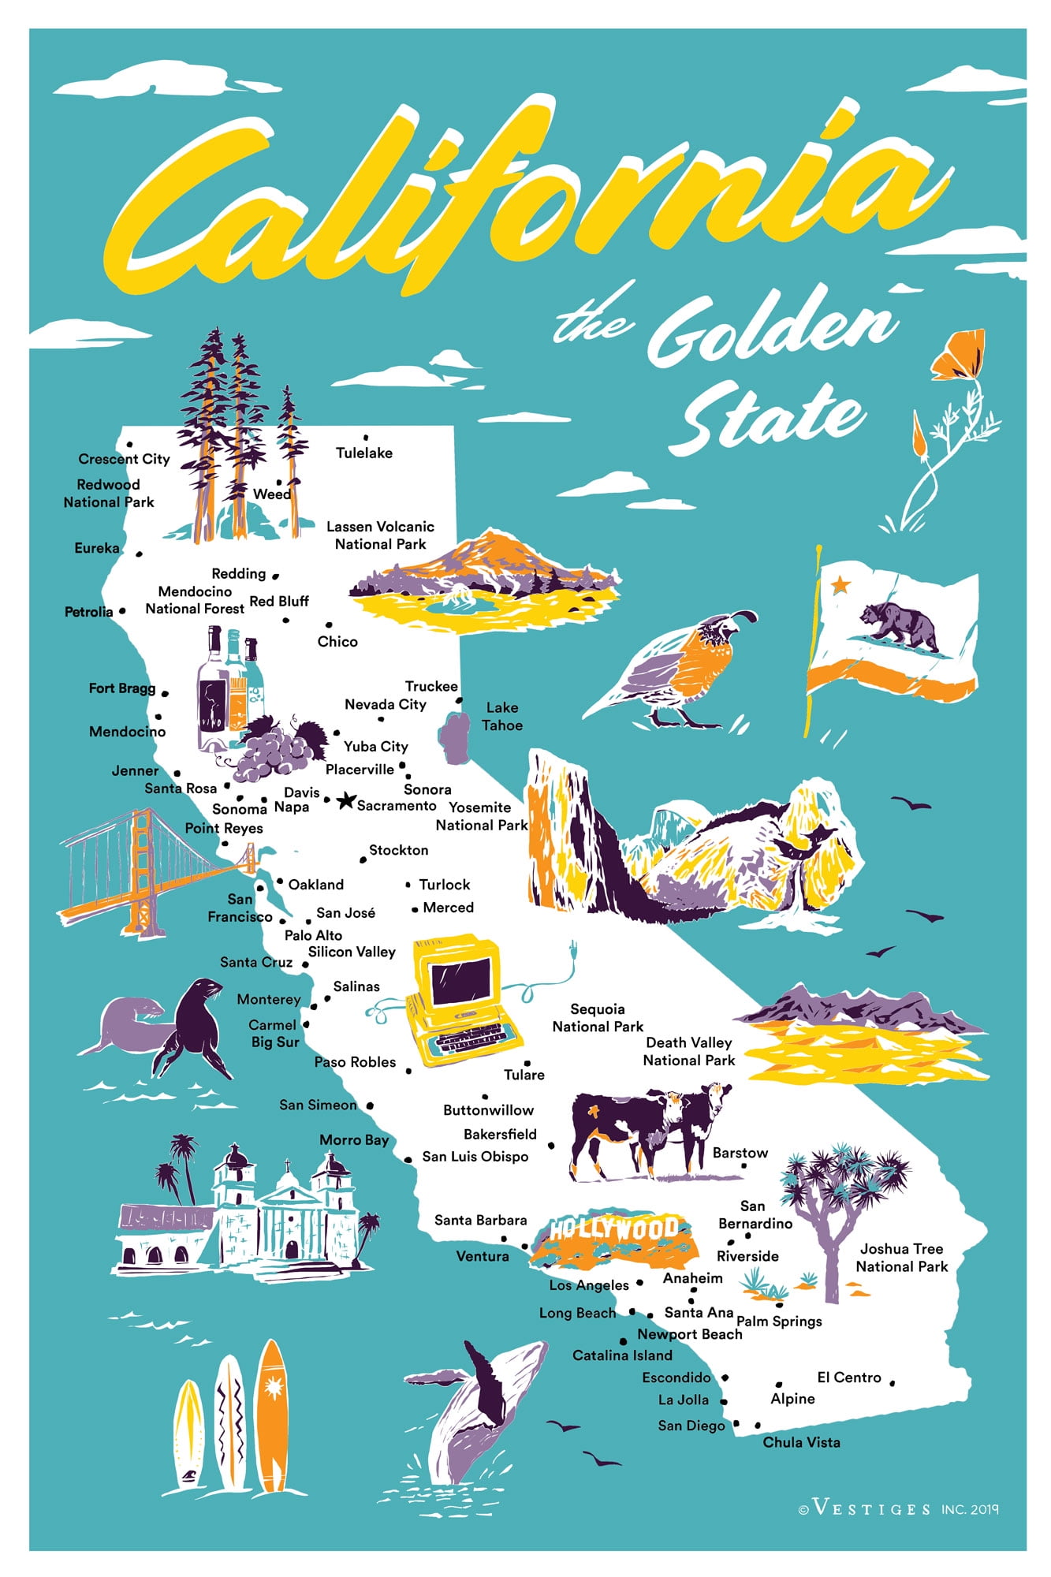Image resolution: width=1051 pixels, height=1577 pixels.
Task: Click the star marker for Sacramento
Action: tap(345, 801)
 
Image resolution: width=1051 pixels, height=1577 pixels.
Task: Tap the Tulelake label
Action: tap(363, 453)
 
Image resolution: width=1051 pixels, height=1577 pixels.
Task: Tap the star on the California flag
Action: tap(841, 584)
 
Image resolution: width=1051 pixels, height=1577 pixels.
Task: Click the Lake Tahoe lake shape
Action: tap(456, 737)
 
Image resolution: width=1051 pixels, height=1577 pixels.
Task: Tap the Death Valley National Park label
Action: tap(688, 1051)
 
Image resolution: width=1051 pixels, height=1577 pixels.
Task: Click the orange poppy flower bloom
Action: tap(960, 355)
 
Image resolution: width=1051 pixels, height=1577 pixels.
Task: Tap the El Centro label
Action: tap(848, 1377)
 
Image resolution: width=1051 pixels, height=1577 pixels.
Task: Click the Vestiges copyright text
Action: tap(899, 1508)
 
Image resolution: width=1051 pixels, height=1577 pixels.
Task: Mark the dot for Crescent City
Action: tap(129, 445)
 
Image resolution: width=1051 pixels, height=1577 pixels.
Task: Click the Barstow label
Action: tap(740, 1152)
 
